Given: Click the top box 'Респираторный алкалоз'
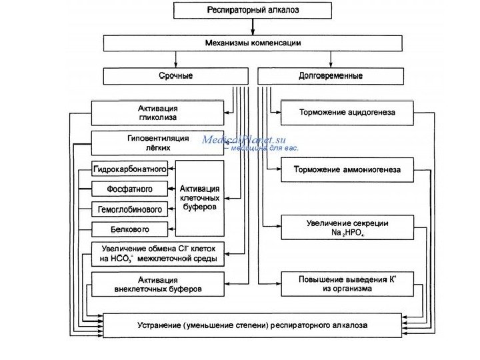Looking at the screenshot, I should click(253, 10).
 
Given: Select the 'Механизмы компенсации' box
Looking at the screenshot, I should click(253, 43).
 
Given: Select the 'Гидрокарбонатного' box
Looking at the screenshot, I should click(130, 171).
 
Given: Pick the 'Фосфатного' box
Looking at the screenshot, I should click(130, 190).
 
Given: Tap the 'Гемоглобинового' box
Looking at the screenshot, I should click(130, 210).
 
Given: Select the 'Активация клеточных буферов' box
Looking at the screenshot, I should click(199, 198).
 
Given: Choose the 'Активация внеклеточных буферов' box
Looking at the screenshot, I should click(158, 284).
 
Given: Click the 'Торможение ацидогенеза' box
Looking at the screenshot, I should click(347, 113).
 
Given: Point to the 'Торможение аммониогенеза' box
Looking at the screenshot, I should click(347, 169).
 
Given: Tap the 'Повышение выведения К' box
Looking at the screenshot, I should click(347, 284).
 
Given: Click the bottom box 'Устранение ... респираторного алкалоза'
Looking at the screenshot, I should click(253, 326).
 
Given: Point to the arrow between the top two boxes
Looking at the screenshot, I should click(253, 27).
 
